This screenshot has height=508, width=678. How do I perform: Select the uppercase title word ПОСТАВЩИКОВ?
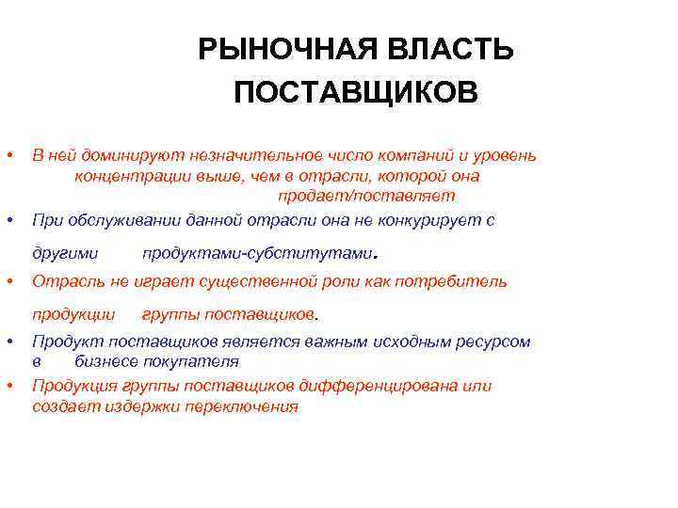point(356,93)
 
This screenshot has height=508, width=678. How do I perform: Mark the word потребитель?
point(457,281)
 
